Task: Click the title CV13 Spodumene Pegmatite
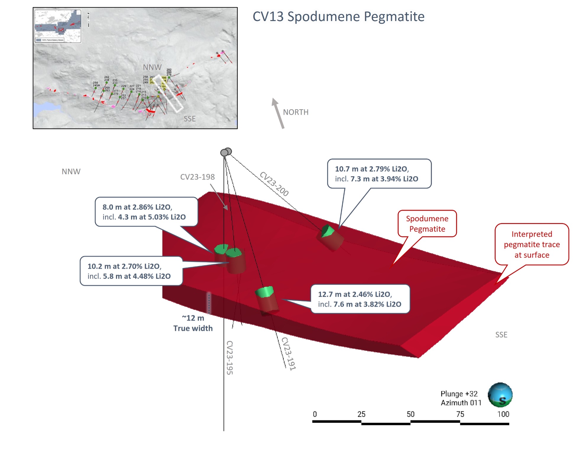[338, 17]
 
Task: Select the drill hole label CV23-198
[197, 177]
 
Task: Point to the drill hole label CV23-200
[274, 184]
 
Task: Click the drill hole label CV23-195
[229, 357]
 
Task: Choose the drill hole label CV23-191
[289, 354]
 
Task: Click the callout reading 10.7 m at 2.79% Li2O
[379, 174]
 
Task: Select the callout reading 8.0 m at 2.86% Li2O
[146, 212]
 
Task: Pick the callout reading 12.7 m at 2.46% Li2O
[360, 299]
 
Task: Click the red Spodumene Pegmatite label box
[427, 224]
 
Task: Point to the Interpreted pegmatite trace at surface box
[532, 244]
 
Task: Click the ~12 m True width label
[193, 323]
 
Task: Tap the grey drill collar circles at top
[226, 152]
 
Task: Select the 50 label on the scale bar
[410, 414]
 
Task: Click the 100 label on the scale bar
[503, 414]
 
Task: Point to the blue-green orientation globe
[500, 395]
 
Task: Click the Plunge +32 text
[459, 394]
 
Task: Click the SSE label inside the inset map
[190, 119]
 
